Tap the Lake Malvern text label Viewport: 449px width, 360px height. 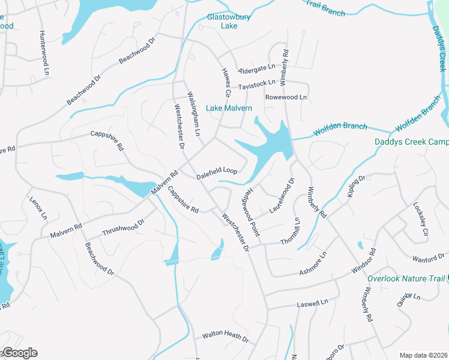[229, 108]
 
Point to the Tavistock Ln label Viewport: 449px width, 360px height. [256, 83]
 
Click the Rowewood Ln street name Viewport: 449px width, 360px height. [286, 97]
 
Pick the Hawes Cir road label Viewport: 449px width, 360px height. [226, 82]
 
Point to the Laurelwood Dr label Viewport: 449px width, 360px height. [282, 193]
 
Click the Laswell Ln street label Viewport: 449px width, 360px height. [313, 304]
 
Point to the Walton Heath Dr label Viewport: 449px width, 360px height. [225, 336]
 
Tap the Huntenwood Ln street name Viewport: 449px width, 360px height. [44, 52]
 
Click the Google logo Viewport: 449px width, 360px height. [19, 353]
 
